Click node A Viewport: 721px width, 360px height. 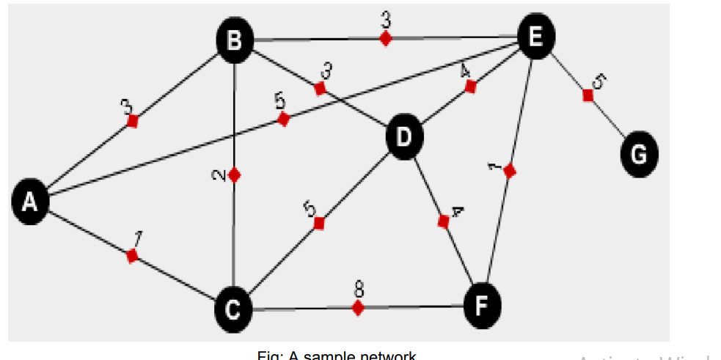(30, 202)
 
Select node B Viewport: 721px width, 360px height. (234, 40)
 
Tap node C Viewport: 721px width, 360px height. (233, 310)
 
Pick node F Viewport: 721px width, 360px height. (483, 303)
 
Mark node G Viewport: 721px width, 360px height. (639, 154)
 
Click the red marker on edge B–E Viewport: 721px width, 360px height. (385, 38)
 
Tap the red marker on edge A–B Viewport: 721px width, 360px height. (132, 121)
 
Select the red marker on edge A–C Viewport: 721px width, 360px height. (132, 255)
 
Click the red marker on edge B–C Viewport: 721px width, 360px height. (234, 175)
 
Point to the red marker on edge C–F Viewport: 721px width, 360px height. (358, 308)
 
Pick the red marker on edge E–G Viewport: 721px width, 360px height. (588, 95)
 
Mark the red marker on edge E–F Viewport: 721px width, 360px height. (510, 171)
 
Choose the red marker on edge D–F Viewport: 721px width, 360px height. (443, 221)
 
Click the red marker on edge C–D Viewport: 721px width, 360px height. (318, 223)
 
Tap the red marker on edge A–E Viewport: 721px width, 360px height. (284, 120)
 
